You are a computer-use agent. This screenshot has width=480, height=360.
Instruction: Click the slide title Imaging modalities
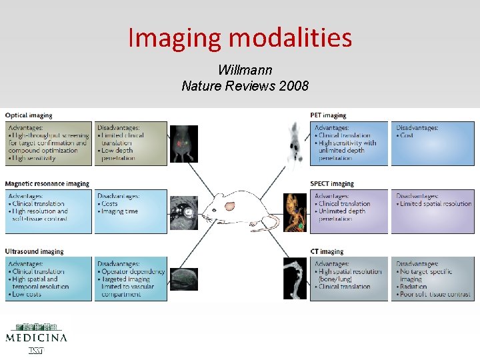(239, 37)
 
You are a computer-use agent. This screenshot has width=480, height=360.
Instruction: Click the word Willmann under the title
(245, 70)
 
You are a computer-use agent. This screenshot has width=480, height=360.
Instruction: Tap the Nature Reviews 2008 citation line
(245, 86)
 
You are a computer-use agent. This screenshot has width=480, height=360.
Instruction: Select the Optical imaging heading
(29, 116)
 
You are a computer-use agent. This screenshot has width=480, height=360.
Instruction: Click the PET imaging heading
(328, 116)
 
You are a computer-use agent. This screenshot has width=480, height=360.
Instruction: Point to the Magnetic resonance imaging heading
(47, 184)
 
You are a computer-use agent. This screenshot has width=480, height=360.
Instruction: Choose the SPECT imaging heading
(332, 184)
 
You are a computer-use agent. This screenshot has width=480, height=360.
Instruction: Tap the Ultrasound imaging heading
(35, 252)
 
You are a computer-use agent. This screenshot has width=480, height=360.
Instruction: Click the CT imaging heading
(326, 252)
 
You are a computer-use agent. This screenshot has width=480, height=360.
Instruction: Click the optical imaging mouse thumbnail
(183, 144)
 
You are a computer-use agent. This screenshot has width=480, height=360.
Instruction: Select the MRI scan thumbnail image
(183, 213)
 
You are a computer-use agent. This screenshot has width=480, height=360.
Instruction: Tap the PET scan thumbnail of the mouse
(294, 143)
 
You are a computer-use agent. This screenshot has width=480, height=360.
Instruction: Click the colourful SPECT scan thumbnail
(295, 212)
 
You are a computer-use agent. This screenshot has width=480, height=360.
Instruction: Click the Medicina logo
(36, 336)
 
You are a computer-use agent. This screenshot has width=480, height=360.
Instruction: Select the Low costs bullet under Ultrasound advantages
(27, 295)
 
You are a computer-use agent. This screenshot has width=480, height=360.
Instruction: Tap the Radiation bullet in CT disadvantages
(417, 287)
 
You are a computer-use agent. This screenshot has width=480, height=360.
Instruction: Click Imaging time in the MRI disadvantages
(121, 211)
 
